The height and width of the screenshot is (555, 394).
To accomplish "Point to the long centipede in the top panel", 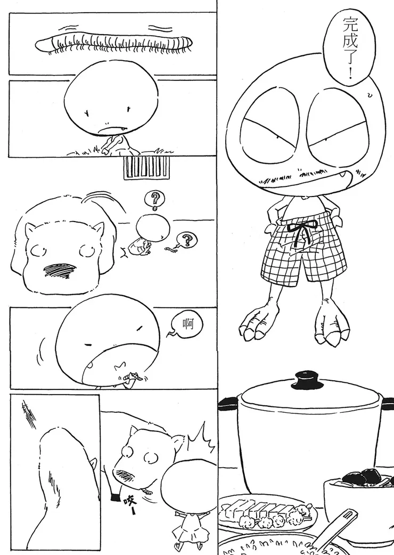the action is pyautogui.click(x=114, y=44).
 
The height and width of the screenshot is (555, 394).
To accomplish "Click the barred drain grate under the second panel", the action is pyautogui.click(x=146, y=168).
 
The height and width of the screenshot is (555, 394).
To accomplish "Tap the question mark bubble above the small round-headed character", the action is pyautogui.click(x=154, y=199).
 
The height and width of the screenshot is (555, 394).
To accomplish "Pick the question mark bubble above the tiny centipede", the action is pyautogui.click(x=185, y=240).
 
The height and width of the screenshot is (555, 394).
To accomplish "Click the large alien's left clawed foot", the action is pyautogui.click(x=257, y=319).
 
